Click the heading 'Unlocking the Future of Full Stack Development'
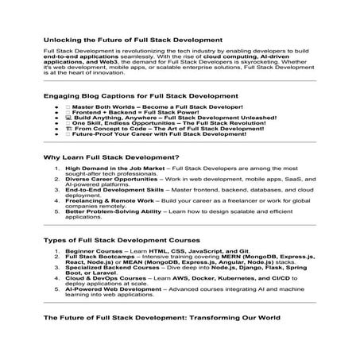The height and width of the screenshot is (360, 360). click(132, 38)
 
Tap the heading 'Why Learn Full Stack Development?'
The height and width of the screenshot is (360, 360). click(111, 157)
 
